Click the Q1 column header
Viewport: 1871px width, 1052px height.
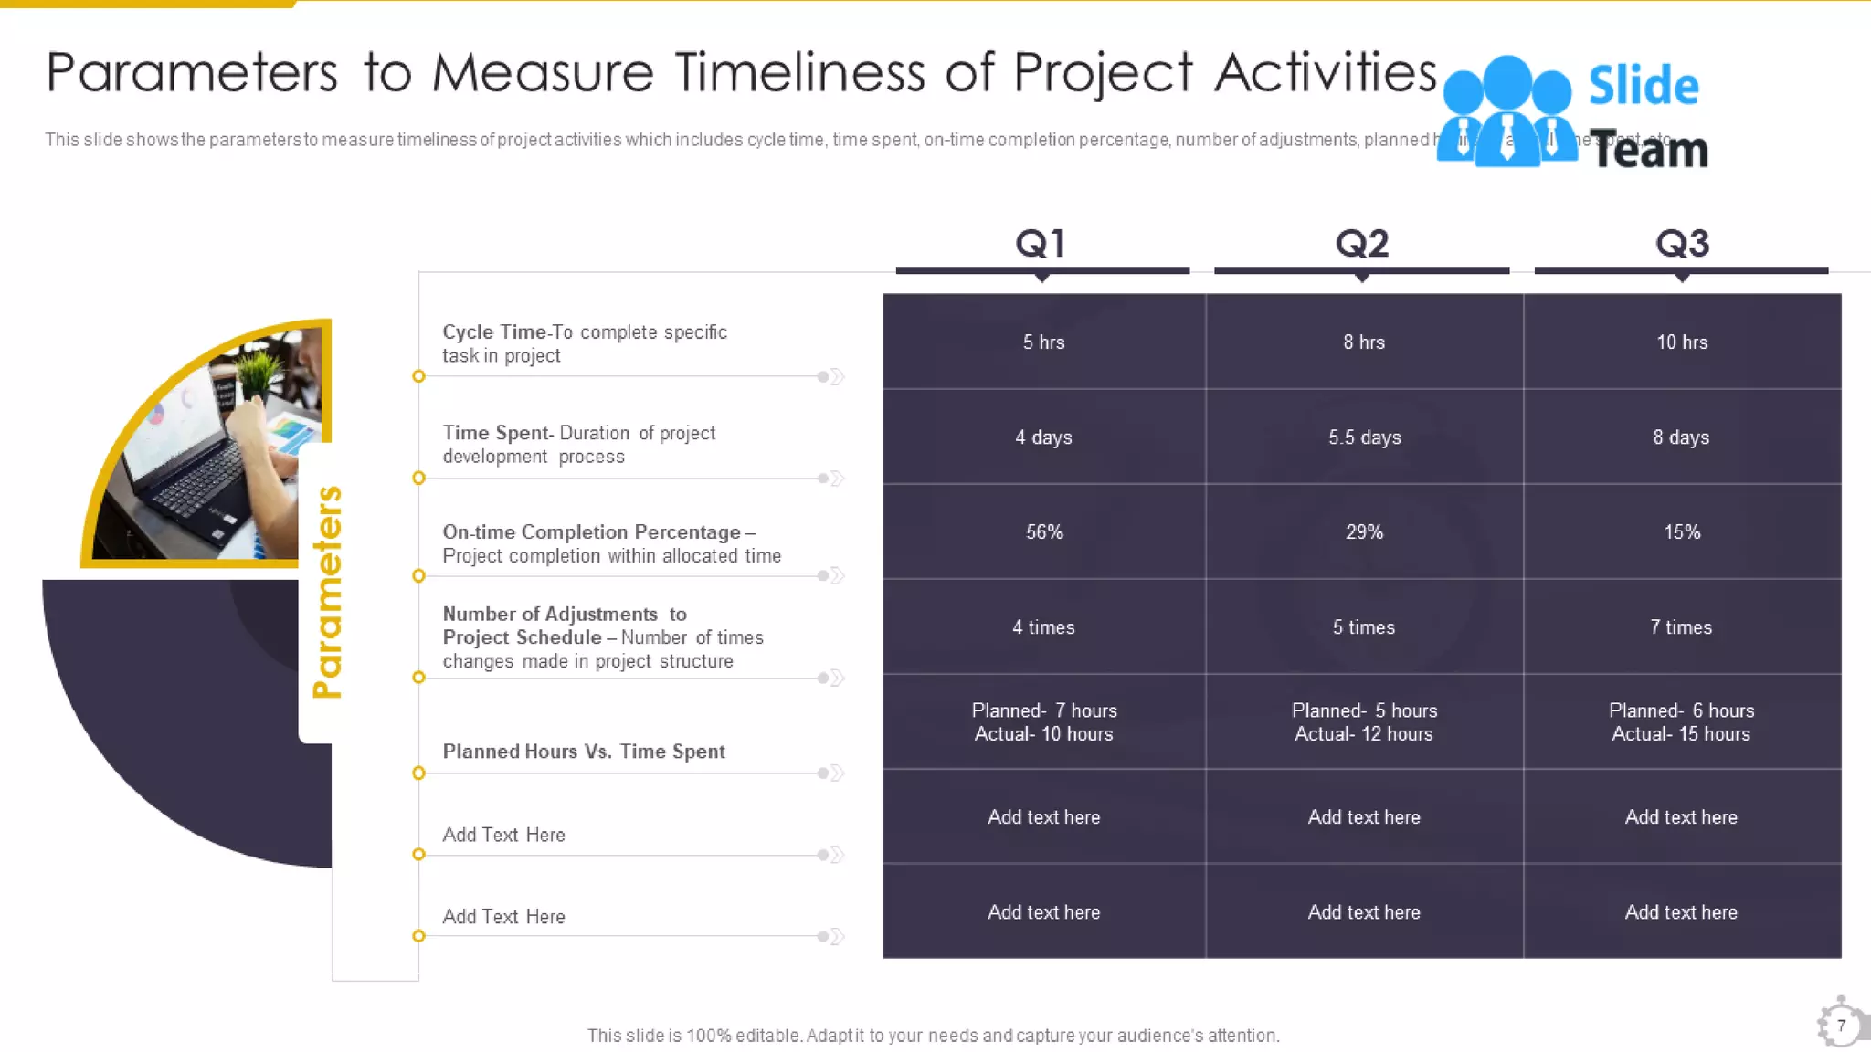coord(1041,243)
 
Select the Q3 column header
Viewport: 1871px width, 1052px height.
coord(1682,243)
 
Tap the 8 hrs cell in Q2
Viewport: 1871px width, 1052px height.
coord(1364,342)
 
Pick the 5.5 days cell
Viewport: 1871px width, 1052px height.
coord(1364,437)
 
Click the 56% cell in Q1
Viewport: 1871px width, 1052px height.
coord(1044,532)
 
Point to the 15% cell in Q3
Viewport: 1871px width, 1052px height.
coord(1682,532)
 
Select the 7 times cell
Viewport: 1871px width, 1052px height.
coord(1681,627)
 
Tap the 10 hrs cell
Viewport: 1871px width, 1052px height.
coord(1682,342)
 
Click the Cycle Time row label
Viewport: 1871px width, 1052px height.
coord(585,343)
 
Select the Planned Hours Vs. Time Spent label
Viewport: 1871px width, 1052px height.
coord(584,752)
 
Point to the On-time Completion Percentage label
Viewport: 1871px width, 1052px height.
coord(611,543)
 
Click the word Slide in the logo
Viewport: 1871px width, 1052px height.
coord(1643,86)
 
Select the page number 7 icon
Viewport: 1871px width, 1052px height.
coord(1841,1025)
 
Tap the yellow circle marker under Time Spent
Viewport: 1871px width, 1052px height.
coord(418,478)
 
